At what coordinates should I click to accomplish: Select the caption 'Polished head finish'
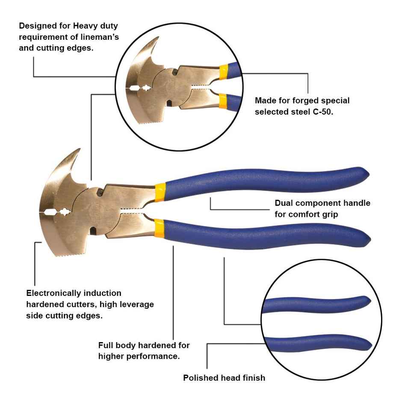pyautogui.click(x=224, y=378)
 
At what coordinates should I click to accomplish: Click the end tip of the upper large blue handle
pyautogui.click(x=367, y=174)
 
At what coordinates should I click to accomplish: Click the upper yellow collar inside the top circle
pyautogui.click(x=223, y=72)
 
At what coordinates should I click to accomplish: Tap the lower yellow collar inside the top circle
pyautogui.click(x=223, y=101)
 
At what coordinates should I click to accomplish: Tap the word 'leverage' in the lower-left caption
pyautogui.click(x=136, y=304)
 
